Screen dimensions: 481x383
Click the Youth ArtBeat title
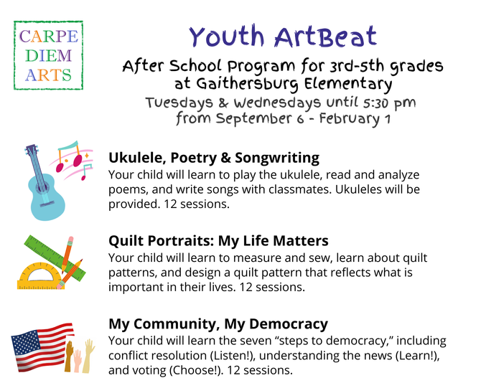[283, 37]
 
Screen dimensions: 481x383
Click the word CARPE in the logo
[49, 37]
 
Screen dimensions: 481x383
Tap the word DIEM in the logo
[49, 56]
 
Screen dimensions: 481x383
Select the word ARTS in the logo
[49, 75]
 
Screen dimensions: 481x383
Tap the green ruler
[55, 258]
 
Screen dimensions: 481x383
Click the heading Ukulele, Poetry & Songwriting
[214, 158]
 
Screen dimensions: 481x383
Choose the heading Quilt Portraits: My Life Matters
[218, 241]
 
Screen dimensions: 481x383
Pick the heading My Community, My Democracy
[218, 324]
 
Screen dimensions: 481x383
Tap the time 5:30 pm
[389, 103]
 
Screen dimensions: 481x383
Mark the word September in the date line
[253, 119]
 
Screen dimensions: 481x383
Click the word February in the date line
[349, 119]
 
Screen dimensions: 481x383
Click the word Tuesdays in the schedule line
[179, 103]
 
